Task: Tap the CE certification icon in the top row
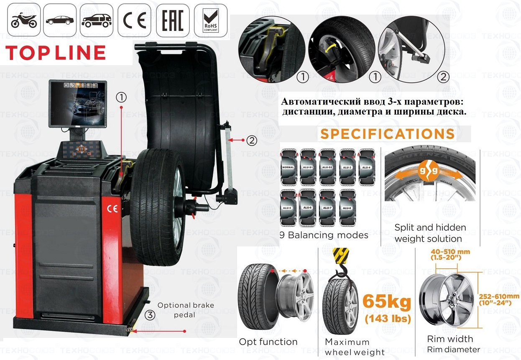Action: point(134,20)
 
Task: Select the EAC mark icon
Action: point(172,20)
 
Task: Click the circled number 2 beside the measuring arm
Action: point(251,140)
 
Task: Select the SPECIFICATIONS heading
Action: point(387,134)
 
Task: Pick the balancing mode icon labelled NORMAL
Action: point(288,167)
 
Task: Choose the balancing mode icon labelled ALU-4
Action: point(366,167)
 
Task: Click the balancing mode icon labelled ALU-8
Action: point(347,208)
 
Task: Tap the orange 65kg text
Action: point(387,301)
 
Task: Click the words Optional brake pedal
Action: point(186,310)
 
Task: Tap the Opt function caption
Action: point(268,342)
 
